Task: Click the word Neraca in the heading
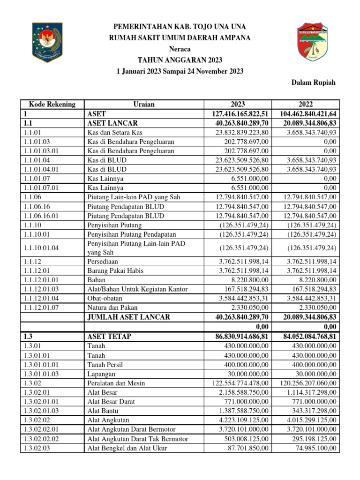tap(180, 49)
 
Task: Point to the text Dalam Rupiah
tap(314, 82)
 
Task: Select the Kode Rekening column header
tap(49, 105)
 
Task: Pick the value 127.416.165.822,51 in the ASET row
tap(239, 114)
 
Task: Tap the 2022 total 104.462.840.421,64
tap(306, 114)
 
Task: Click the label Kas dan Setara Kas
tap(115, 133)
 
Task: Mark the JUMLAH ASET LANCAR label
tap(130, 317)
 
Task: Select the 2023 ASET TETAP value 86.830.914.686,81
tap(239, 337)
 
